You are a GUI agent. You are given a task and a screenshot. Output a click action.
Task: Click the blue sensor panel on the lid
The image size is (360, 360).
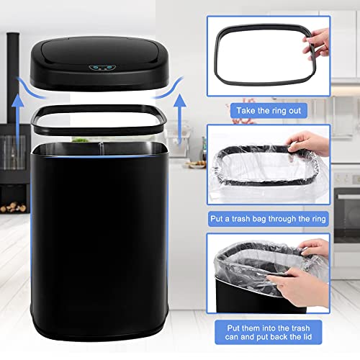coord(101,68)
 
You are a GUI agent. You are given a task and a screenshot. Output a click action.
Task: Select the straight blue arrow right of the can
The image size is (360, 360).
coord(179,120)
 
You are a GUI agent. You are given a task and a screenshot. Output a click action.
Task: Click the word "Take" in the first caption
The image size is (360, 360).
coord(246,111)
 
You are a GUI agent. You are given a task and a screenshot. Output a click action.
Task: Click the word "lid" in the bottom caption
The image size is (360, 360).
coord(307,337)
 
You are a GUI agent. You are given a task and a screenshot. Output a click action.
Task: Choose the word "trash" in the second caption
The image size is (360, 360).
coord(240,219)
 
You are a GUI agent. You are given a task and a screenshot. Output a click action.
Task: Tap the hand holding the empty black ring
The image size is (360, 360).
coord(316,43)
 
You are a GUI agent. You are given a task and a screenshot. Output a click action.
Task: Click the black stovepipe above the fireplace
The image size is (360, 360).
coord(13,78)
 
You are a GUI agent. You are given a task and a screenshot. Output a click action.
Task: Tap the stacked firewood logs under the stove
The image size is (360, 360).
coord(13,207)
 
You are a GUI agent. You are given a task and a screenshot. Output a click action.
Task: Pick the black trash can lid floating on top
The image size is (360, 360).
coord(99,63)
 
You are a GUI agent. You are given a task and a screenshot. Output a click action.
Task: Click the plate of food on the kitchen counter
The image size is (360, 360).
coord(195,164)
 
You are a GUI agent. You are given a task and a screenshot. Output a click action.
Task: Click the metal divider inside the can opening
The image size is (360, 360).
coord(102,148)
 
